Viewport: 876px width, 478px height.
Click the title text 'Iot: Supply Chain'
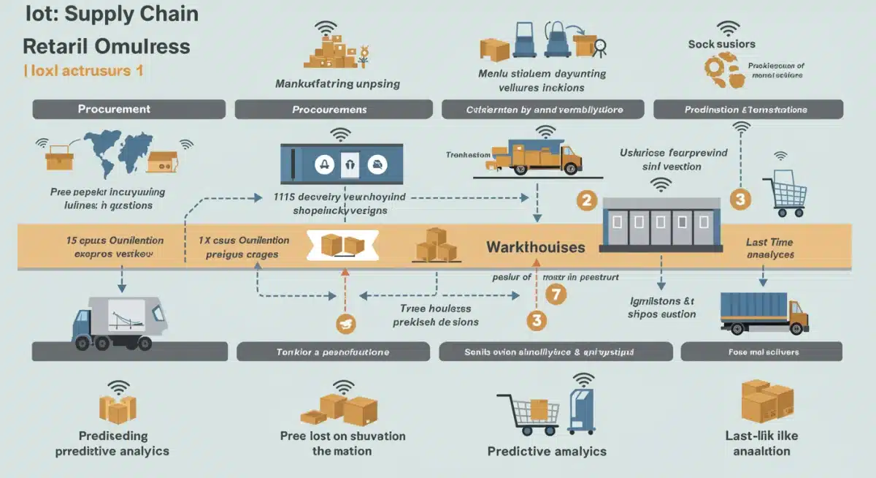point(112,14)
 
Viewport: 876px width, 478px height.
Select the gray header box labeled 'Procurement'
point(115,109)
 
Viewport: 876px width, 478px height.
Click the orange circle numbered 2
point(586,200)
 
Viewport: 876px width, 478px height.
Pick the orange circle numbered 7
point(556,294)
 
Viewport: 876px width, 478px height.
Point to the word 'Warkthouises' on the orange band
point(536,247)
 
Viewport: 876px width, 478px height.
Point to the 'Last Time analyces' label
point(769,249)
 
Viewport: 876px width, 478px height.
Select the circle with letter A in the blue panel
point(324,164)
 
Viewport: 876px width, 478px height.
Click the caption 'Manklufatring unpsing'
point(337,83)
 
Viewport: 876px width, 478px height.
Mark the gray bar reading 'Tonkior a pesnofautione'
point(332,352)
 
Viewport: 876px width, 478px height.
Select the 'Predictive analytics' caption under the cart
point(547,450)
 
